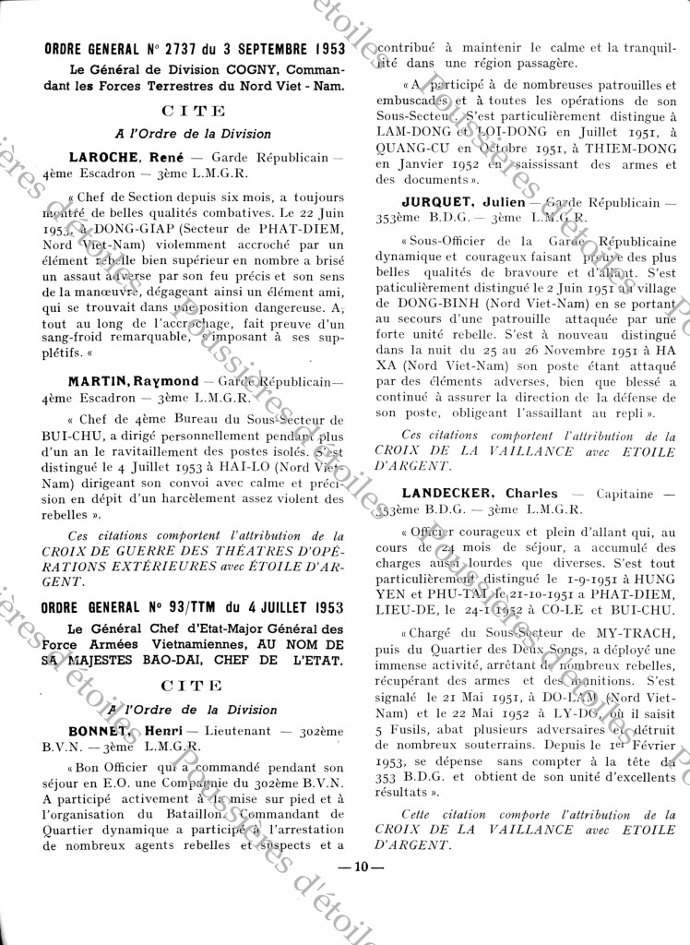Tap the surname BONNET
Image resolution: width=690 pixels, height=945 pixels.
pos(100,728)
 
